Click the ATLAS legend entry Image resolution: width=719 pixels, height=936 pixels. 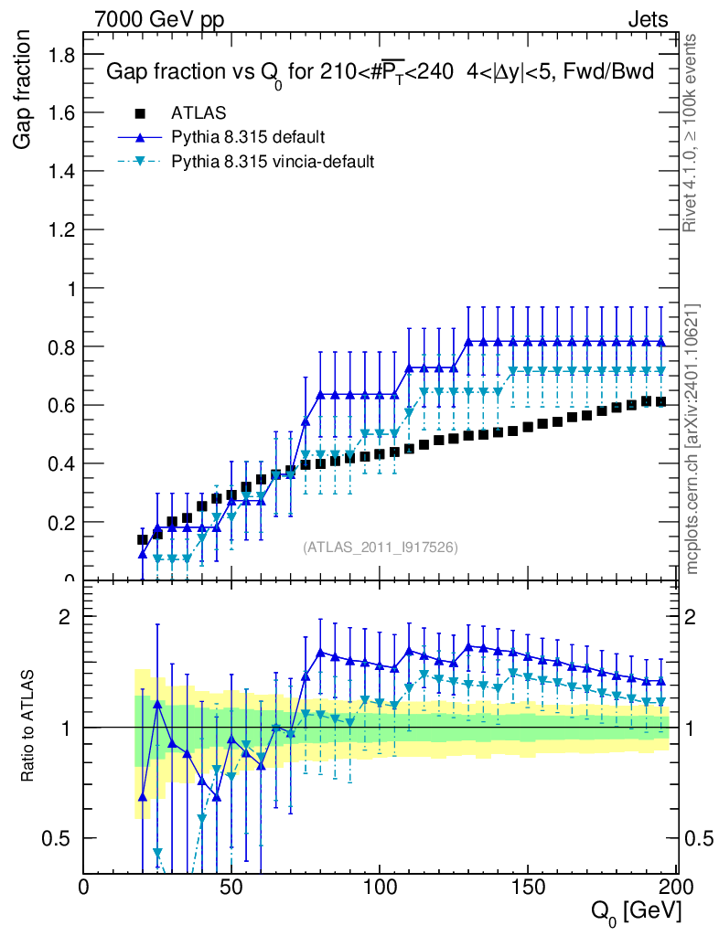click(192, 113)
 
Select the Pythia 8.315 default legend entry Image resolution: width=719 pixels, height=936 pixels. click(248, 137)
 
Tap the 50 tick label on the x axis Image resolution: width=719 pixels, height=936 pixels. click(232, 887)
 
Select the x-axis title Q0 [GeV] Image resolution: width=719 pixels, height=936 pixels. click(633, 911)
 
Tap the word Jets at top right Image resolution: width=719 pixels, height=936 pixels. click(648, 18)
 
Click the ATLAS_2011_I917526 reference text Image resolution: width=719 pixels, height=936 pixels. click(381, 547)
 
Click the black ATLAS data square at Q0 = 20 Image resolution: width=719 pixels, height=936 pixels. click(142, 539)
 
